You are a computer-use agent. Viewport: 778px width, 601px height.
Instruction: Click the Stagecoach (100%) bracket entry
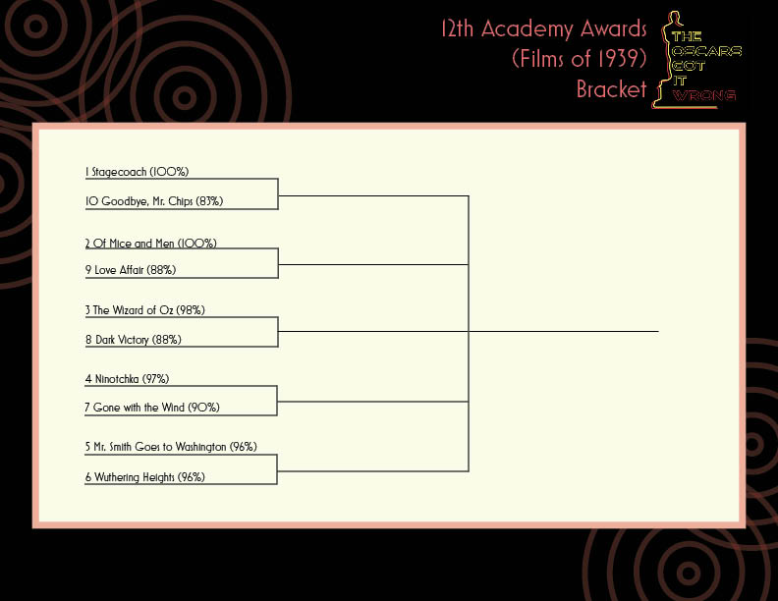137,172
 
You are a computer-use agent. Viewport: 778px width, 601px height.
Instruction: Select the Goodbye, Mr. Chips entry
154,201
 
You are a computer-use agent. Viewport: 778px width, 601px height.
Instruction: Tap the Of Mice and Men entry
151,243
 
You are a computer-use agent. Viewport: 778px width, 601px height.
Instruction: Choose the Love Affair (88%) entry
131,270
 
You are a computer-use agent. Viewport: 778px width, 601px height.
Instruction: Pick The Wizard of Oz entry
144,310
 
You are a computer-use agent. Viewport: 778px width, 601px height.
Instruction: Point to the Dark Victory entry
133,340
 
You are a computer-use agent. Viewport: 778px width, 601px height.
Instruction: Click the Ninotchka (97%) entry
127,379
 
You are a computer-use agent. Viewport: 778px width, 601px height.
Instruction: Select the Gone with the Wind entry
152,408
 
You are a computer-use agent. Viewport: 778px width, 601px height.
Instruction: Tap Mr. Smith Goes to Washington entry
171,447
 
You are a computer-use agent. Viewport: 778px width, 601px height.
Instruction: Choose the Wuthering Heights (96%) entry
144,477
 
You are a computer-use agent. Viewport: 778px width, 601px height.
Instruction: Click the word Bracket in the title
611,89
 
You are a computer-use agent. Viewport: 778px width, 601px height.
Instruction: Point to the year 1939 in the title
620,59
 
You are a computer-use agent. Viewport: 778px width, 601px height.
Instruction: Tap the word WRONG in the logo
704,94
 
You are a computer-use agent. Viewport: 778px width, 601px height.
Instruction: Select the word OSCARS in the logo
706,51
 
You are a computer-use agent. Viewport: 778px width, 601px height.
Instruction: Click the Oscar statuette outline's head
673,19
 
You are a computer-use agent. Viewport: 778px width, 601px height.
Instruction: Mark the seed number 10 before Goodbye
91,201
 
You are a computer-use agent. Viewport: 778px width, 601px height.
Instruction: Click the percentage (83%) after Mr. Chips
209,201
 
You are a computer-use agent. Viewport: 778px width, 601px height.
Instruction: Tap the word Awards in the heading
613,28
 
